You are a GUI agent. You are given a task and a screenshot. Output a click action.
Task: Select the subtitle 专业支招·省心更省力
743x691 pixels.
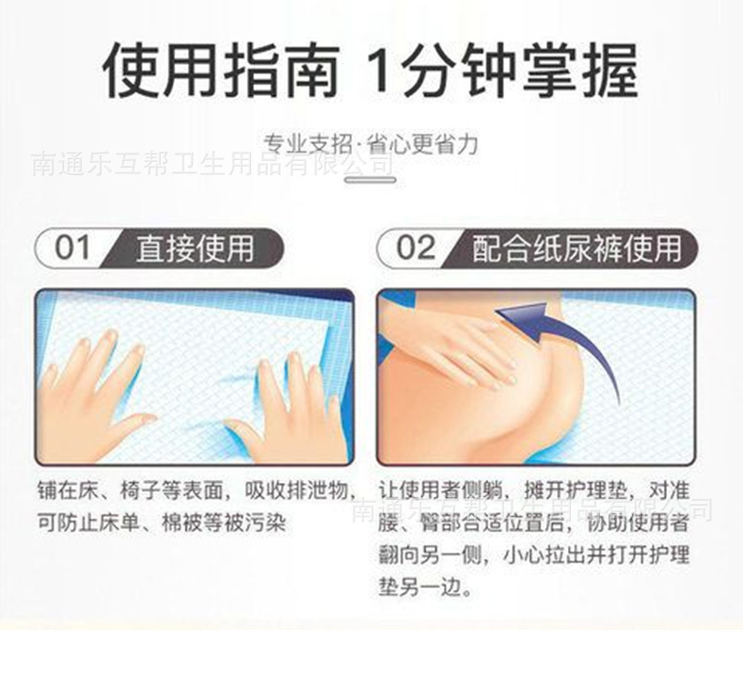click(x=371, y=143)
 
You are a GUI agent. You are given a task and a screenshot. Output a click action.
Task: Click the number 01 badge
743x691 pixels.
click(x=73, y=249)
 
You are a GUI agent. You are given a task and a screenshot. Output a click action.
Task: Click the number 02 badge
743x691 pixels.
click(x=416, y=249)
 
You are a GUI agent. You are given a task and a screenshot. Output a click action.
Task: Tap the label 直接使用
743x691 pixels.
click(x=195, y=249)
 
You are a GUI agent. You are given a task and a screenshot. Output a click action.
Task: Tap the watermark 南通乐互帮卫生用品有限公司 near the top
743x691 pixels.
click(x=212, y=165)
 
